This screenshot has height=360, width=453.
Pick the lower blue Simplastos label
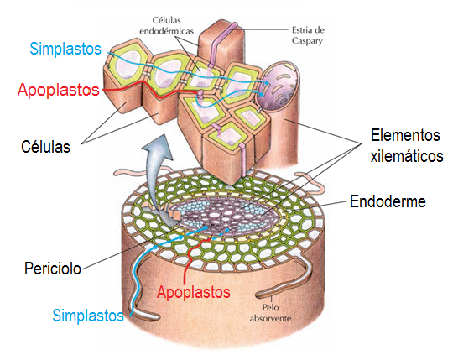(x=87, y=316)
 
